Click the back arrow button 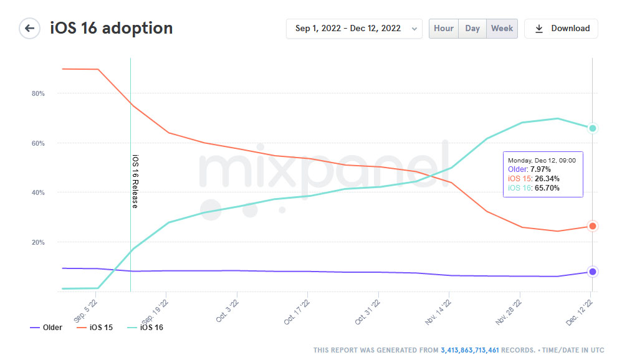[29, 29]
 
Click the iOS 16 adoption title [111, 29]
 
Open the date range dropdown [353, 29]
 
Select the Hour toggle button [444, 29]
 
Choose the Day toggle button [472, 29]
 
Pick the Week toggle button [502, 29]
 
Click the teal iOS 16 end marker [593, 128]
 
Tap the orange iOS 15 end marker [593, 226]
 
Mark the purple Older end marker [593, 272]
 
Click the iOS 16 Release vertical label [135, 181]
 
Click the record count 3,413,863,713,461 [470, 351]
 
